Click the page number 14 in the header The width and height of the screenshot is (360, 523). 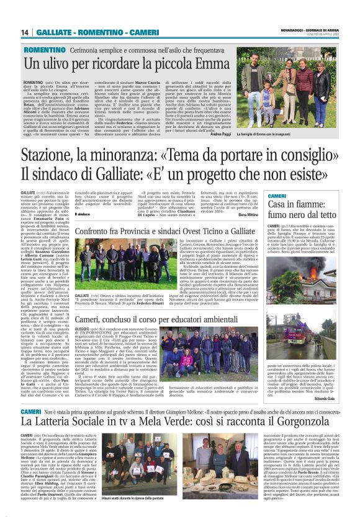click(x=25, y=32)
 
